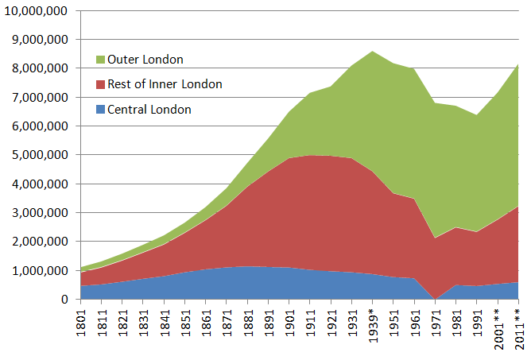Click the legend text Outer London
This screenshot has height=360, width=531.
click(145, 60)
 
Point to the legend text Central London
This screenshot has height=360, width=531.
click(149, 110)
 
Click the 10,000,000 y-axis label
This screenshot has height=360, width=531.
click(37, 11)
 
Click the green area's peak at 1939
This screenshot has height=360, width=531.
click(373, 52)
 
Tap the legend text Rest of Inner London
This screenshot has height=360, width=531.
click(165, 84)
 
